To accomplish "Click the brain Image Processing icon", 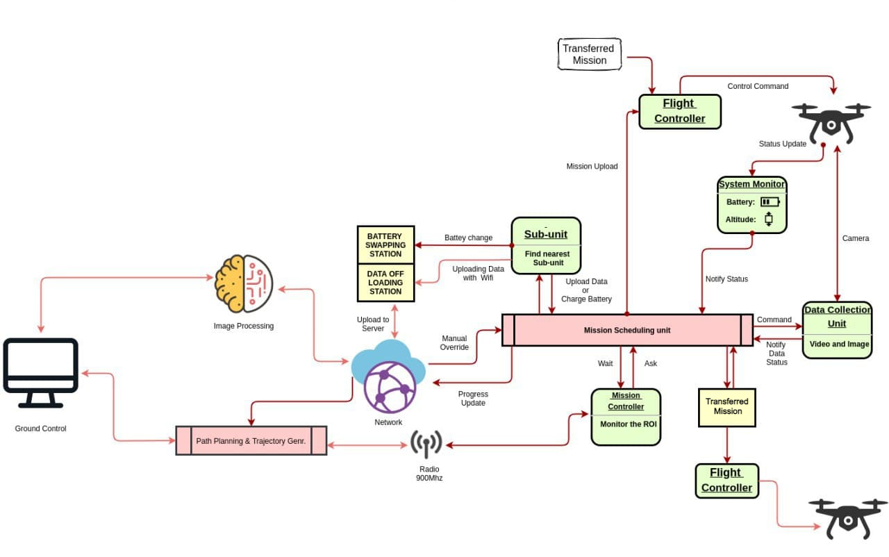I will point(244,283).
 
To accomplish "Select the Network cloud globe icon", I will point(388,376).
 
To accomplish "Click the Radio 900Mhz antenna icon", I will point(426,444).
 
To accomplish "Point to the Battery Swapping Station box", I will point(385,244).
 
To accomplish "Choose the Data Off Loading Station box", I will point(385,283).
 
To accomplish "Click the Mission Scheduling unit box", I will point(627,330).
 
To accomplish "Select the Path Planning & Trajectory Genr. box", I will point(251,441).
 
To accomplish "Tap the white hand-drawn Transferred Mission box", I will point(589,54).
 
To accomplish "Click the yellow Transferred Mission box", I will point(727,406).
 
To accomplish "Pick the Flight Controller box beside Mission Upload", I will point(680,111).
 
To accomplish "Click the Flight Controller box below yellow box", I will point(726,481).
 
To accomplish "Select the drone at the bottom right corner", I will point(847,518).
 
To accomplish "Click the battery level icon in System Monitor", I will point(769,202).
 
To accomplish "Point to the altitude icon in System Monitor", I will point(768,219).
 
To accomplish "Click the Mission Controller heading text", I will point(626,401).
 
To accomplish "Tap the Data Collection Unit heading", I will point(837,317).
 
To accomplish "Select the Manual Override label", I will point(454,342).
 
